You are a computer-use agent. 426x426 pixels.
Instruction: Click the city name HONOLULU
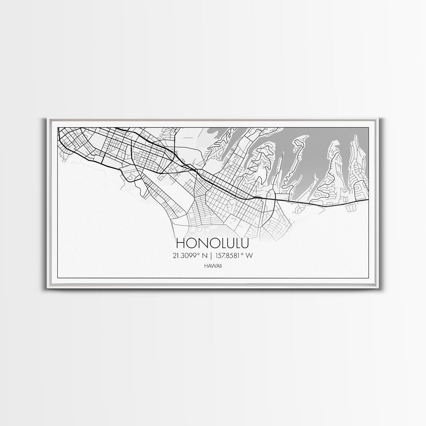point(213,243)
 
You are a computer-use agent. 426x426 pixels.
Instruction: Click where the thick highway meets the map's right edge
point(368,199)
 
